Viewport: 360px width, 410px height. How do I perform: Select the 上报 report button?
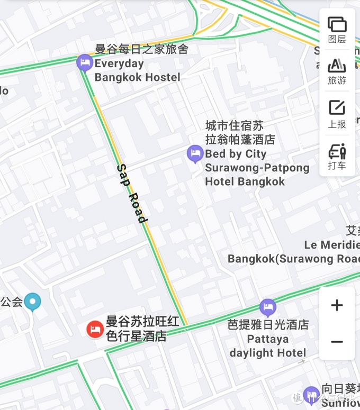tap(337, 113)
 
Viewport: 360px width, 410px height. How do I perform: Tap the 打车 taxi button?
tap(337, 156)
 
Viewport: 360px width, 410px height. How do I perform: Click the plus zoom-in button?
tap(337, 305)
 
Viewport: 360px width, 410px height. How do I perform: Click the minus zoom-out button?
tap(337, 342)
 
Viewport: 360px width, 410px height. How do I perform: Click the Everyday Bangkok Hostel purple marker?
tap(84, 62)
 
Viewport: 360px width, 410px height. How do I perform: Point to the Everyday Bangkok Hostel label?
tap(137, 70)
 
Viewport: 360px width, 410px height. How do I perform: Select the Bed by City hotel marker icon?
tap(195, 154)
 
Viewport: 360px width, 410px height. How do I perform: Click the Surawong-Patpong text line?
tap(257, 168)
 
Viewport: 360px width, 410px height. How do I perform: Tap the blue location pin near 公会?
tap(33, 302)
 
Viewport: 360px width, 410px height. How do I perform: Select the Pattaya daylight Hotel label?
tap(268, 346)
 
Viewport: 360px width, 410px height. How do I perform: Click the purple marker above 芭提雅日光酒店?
tap(268, 307)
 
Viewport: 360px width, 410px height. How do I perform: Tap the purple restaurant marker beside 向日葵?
tap(311, 394)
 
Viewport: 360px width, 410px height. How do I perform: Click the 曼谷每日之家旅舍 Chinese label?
tap(141, 50)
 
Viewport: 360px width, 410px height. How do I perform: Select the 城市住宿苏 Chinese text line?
tap(235, 126)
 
